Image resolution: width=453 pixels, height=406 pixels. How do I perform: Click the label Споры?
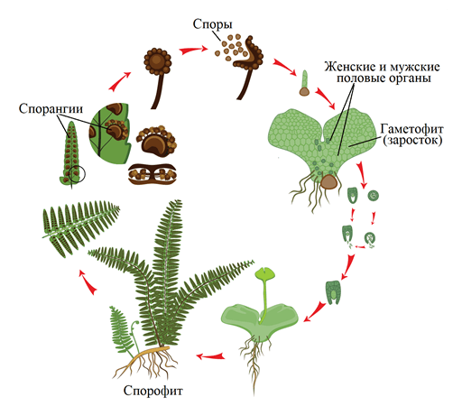[212, 24]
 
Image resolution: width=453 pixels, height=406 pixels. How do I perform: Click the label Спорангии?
[51, 109]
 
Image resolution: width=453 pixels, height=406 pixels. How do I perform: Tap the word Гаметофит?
[411, 129]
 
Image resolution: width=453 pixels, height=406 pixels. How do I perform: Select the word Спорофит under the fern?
[153, 391]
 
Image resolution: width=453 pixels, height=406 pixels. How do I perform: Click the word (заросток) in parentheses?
[412, 141]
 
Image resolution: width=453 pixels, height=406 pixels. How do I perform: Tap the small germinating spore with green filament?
[304, 83]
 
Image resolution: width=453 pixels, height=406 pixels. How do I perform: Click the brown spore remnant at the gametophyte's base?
[328, 182]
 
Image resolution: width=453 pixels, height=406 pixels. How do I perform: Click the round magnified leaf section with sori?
[110, 134]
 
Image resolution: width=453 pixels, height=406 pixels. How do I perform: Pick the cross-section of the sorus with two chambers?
[153, 174]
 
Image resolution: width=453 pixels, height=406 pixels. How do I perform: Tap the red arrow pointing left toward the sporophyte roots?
[211, 356]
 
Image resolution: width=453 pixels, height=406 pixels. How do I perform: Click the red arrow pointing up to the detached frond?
[88, 282]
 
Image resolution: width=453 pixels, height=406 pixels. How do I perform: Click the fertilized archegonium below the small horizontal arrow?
[333, 292]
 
